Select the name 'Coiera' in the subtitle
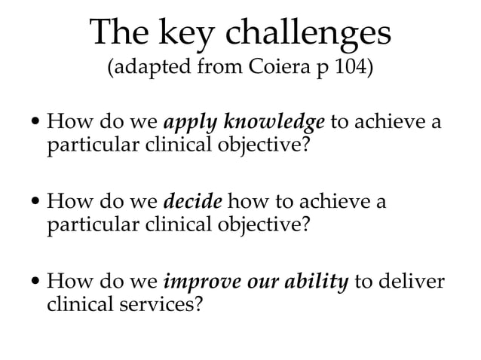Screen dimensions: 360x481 pyautogui.click(x=274, y=71)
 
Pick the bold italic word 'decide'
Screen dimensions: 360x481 pyautogui.click(x=192, y=203)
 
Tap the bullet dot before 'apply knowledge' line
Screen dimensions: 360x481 pyautogui.click(x=37, y=123)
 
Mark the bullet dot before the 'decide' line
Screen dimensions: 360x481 pyautogui.click(x=37, y=203)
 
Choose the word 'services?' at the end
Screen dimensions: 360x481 pyautogui.click(x=165, y=306)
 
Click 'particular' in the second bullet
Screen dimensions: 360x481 pyautogui.click(x=87, y=224)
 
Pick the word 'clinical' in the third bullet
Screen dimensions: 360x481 pyautogui.click(x=76, y=306)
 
